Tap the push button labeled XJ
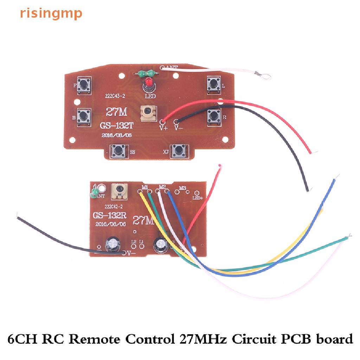[178, 151]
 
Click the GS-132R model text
[108, 215]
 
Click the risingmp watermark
[51, 13]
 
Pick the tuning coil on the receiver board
[118, 191]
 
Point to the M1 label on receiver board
[144, 186]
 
